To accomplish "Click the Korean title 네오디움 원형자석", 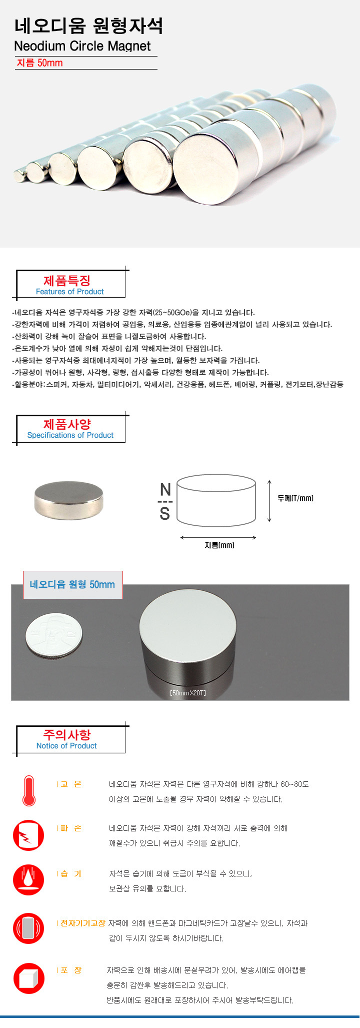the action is (88, 26).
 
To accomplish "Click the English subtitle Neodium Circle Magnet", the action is (82, 46).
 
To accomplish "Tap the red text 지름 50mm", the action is (40, 63).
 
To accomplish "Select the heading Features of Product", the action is (70, 292).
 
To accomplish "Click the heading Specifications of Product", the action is (70, 435).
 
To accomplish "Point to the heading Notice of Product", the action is (66, 746).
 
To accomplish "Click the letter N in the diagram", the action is (165, 489).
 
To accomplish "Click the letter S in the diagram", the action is (165, 514).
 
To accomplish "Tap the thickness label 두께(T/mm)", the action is (295, 498).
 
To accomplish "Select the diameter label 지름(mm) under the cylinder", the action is (219, 545).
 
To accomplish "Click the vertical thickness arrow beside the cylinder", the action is (269, 501).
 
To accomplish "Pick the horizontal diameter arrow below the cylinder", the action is (218, 537).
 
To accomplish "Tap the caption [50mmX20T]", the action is (188, 693).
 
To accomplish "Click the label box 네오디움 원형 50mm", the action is (72, 585).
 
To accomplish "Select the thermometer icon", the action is (29, 790).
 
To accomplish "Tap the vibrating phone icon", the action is (28, 928).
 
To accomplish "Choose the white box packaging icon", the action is (28, 978).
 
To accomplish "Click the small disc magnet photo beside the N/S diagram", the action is (69, 501).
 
